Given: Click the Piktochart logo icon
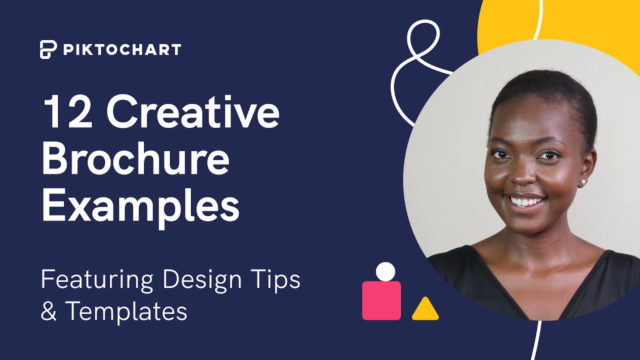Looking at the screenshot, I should pos(48,49).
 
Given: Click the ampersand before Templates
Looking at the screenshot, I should pos(48,311).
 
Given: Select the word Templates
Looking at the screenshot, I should pos(126,311).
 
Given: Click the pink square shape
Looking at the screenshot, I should pos(381,300).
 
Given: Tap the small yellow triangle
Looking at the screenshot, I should pos(425,310).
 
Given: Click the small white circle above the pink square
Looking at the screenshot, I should pos(385,271).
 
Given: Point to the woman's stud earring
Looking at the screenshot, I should pos(582,182).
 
